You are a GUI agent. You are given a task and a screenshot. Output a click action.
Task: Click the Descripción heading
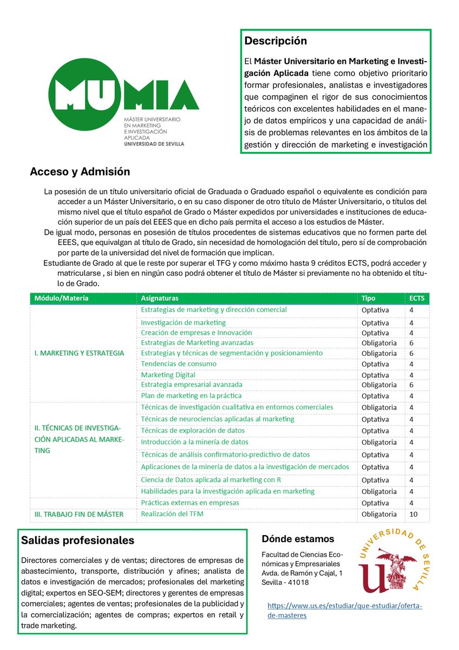pos(276,41)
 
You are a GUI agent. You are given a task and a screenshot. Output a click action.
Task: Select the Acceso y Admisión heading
pos(80,172)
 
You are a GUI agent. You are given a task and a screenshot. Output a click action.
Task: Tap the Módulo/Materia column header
pos(61,298)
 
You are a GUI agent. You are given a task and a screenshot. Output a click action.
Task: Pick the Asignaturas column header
pos(159,298)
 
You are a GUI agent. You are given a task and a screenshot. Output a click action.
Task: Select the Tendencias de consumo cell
pos(179,363)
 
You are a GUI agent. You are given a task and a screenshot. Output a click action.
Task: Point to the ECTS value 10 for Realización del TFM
pos(413,514)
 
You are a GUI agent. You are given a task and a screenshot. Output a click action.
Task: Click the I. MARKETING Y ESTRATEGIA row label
pos(79,353)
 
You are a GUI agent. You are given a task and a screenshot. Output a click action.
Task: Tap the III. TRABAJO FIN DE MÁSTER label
pos(79,514)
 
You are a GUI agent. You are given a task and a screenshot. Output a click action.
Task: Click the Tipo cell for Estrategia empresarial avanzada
pos(378,385)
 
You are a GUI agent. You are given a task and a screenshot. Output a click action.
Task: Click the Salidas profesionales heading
pos(77,541)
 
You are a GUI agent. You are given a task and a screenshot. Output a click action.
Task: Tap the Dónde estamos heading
pos(298,539)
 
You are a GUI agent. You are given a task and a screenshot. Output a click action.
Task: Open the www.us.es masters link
pos(345,610)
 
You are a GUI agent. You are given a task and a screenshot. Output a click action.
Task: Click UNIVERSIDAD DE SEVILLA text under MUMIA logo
pos(154,144)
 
